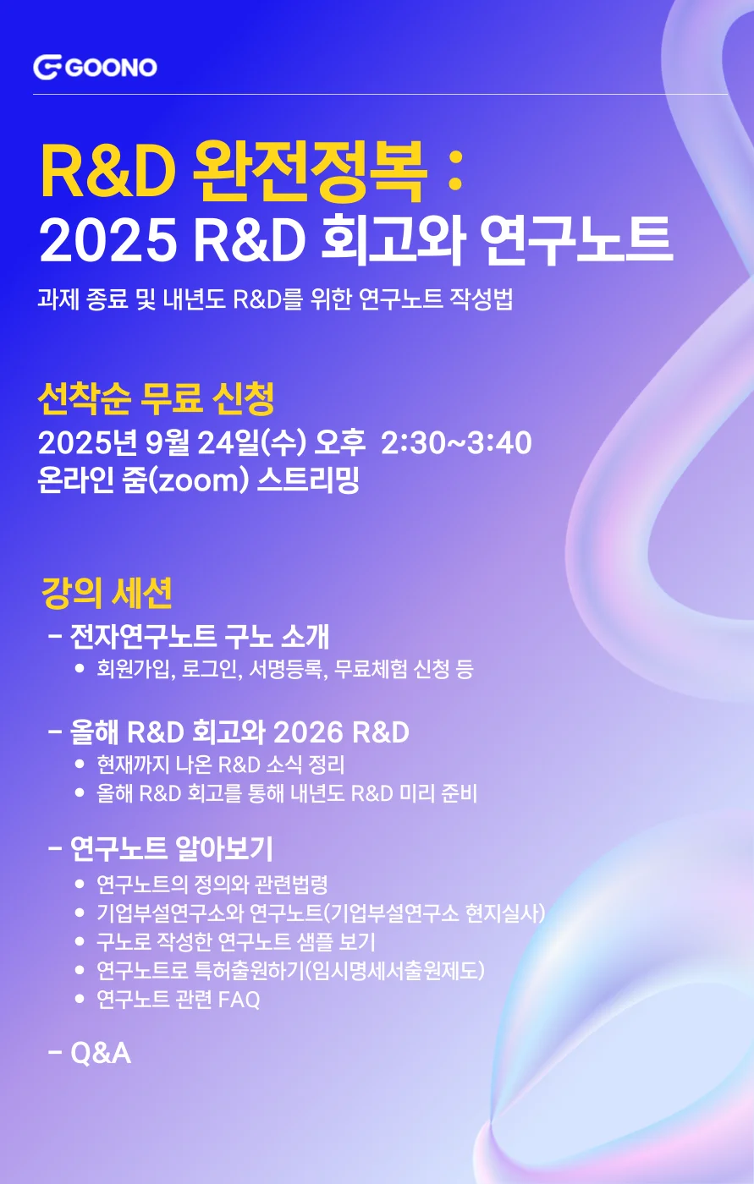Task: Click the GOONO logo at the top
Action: (96, 67)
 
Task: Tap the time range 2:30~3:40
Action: (456, 442)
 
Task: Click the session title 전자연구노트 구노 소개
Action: (200, 636)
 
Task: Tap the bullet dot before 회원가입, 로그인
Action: (80, 669)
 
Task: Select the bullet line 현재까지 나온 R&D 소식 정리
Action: (220, 765)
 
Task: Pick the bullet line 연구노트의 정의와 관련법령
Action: (212, 885)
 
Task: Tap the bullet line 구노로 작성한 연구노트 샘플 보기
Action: (235, 941)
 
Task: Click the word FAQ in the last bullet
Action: (239, 999)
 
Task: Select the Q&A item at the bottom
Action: (101, 1053)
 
